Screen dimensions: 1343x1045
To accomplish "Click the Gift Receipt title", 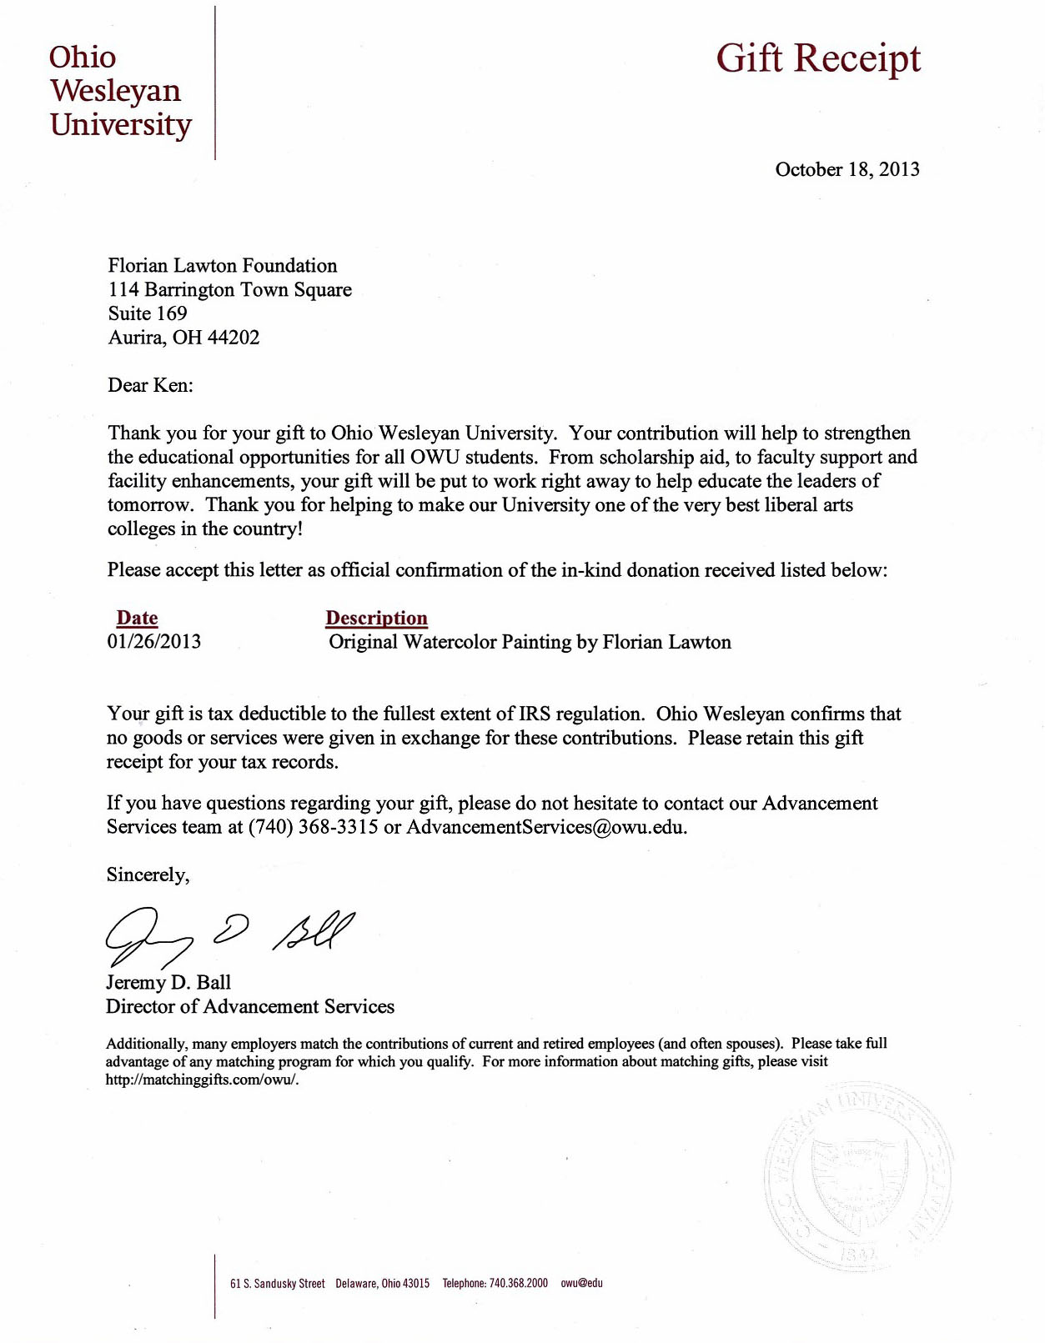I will pyautogui.click(x=818, y=59).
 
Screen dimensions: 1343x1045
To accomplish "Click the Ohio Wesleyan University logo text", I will pyautogui.click(x=120, y=91).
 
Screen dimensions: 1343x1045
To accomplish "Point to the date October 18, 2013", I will pyautogui.click(x=847, y=169).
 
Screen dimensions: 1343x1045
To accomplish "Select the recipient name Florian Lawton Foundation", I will pyautogui.click(x=223, y=266).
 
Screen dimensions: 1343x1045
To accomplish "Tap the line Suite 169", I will pyautogui.click(x=148, y=313).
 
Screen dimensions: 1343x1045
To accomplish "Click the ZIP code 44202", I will pyautogui.click(x=233, y=338).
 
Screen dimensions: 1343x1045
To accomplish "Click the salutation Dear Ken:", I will pyautogui.click(x=150, y=385).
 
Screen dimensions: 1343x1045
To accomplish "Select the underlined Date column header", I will pyautogui.click(x=137, y=618).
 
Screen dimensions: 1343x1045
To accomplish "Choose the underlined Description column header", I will pyautogui.click(x=376, y=618).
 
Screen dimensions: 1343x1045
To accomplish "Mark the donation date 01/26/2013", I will pyautogui.click(x=154, y=642).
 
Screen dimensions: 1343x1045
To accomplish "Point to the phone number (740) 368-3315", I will pyautogui.click(x=314, y=828).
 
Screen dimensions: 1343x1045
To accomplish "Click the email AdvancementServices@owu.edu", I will pyautogui.click(x=546, y=828).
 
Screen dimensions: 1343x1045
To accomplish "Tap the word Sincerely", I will pyautogui.click(x=148, y=875).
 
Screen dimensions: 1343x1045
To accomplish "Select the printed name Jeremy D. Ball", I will pyautogui.click(x=168, y=983).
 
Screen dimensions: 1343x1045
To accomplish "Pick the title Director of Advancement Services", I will pyautogui.click(x=250, y=1007).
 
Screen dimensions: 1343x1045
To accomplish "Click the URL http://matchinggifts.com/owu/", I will pyautogui.click(x=202, y=1080).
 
